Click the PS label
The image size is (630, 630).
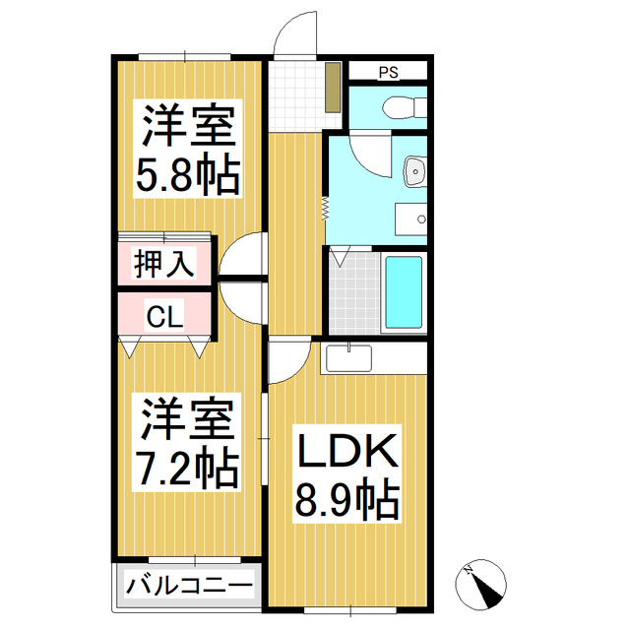(388, 71)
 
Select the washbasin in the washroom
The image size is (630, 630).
(415, 171)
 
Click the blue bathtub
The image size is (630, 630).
(403, 293)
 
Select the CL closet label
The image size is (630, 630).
(163, 317)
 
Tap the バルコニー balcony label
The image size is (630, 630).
(189, 587)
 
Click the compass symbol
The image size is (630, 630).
(481, 586)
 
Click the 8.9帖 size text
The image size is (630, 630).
(347, 501)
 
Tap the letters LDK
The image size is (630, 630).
(347, 452)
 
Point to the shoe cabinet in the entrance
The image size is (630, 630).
(334, 87)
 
